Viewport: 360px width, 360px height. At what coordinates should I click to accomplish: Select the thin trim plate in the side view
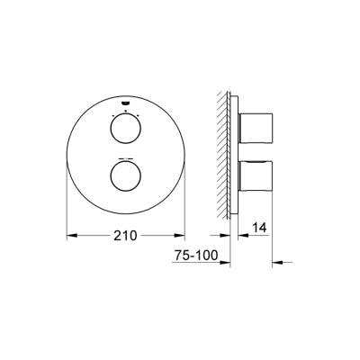(x=237, y=153)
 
